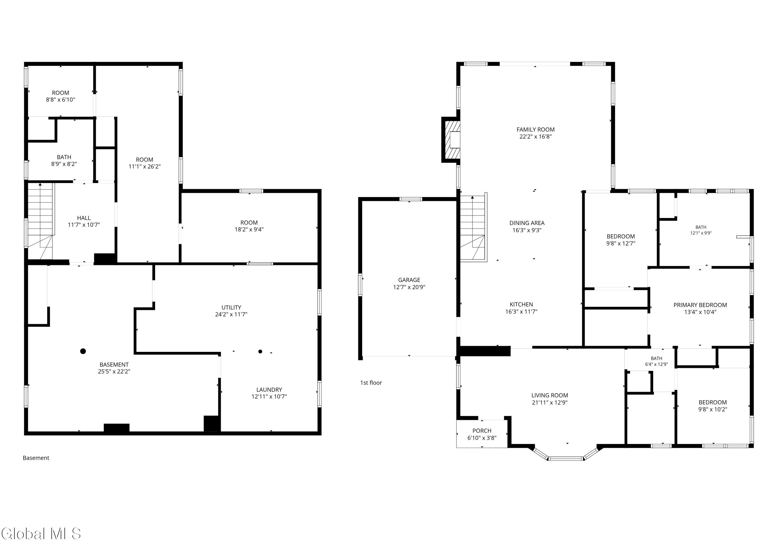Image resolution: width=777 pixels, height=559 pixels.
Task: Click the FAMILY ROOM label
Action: tap(535, 129)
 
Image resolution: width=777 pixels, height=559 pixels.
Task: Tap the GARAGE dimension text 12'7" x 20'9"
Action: tap(409, 287)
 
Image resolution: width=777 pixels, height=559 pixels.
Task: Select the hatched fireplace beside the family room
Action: tap(451, 140)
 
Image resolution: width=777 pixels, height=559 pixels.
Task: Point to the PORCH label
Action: tap(482, 431)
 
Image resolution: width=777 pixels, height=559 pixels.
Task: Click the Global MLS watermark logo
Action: tap(41, 534)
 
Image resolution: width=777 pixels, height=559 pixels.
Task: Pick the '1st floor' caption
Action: tap(371, 383)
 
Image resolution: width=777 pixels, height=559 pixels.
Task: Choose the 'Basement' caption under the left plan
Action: tap(36, 458)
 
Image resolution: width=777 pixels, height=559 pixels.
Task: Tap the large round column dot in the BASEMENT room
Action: tap(83, 351)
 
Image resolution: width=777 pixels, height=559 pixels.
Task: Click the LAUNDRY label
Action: tap(269, 389)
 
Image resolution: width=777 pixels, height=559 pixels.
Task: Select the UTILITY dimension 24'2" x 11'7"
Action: tap(231, 314)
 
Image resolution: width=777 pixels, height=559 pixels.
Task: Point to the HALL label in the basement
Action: tap(84, 218)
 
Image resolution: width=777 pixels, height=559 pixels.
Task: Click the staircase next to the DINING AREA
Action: tap(473, 227)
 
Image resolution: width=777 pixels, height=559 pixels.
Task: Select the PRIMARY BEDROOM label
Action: tap(700, 305)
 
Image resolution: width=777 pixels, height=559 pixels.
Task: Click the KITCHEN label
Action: tap(521, 304)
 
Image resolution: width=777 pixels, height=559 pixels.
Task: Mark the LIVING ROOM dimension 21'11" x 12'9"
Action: tap(550, 402)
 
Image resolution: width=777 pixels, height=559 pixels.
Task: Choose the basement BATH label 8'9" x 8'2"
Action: tap(64, 160)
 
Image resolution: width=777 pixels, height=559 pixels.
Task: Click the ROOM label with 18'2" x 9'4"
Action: tap(249, 226)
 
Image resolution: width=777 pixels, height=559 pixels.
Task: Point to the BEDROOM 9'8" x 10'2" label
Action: tap(713, 405)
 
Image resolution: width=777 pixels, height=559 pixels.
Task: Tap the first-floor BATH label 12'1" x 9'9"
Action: tap(701, 230)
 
